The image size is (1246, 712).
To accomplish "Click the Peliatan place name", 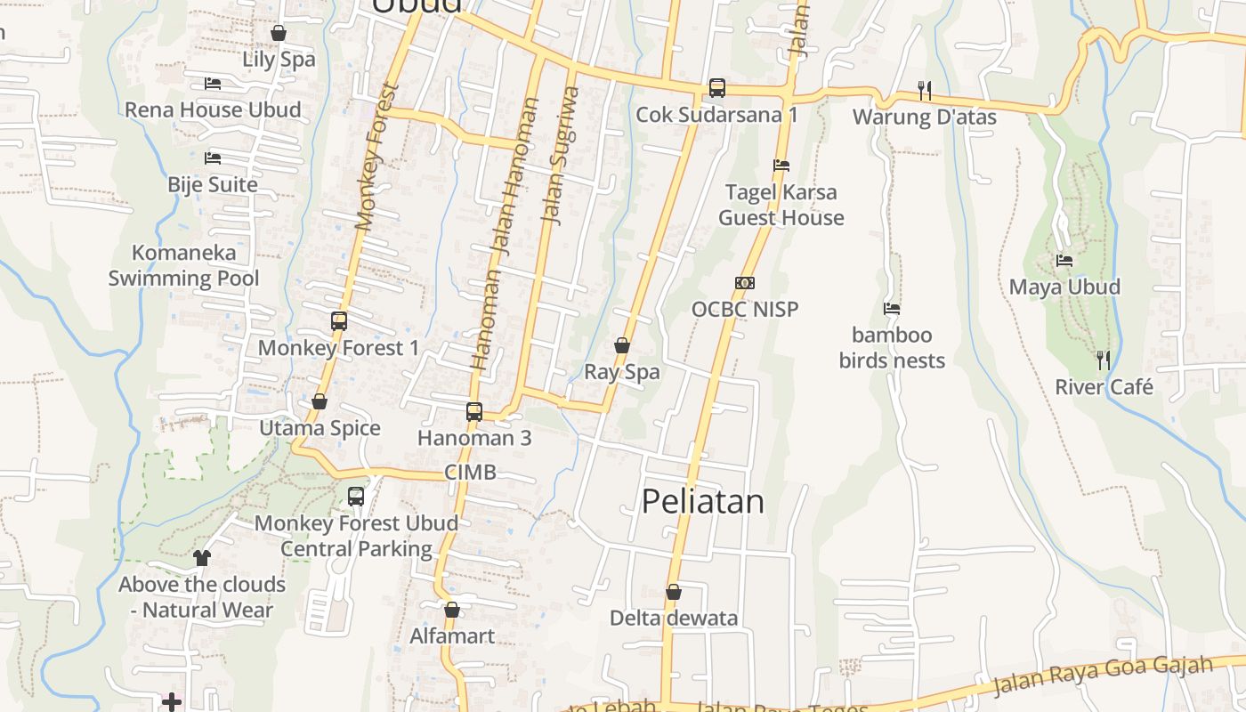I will [x=703, y=502].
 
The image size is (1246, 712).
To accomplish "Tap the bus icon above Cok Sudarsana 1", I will [x=717, y=87].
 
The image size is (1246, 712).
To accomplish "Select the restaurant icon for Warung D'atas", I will [x=925, y=90].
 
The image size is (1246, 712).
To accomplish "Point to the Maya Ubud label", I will [x=1064, y=287].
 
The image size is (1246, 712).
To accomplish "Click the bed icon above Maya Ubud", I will [x=1064, y=261].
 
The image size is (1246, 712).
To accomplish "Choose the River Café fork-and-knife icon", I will [x=1104, y=360].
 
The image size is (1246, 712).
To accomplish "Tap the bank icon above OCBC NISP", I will [x=745, y=283].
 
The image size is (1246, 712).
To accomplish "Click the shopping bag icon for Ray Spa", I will [x=622, y=345].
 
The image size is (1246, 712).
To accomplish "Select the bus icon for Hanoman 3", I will [x=474, y=411].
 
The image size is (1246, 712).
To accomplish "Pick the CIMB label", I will [x=470, y=472].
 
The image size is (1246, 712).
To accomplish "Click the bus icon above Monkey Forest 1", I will [x=338, y=321].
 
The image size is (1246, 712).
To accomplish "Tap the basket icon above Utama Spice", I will [x=320, y=402].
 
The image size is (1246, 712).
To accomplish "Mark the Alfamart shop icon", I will [x=452, y=610].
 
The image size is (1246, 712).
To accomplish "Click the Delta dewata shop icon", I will [x=674, y=592].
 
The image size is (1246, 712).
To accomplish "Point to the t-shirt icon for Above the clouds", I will [x=202, y=558].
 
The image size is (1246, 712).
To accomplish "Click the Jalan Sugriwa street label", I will [x=558, y=156].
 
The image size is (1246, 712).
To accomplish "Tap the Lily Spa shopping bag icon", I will [x=279, y=34].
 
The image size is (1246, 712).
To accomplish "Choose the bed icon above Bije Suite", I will [x=213, y=158].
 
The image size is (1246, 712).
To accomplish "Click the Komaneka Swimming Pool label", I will [x=183, y=265].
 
